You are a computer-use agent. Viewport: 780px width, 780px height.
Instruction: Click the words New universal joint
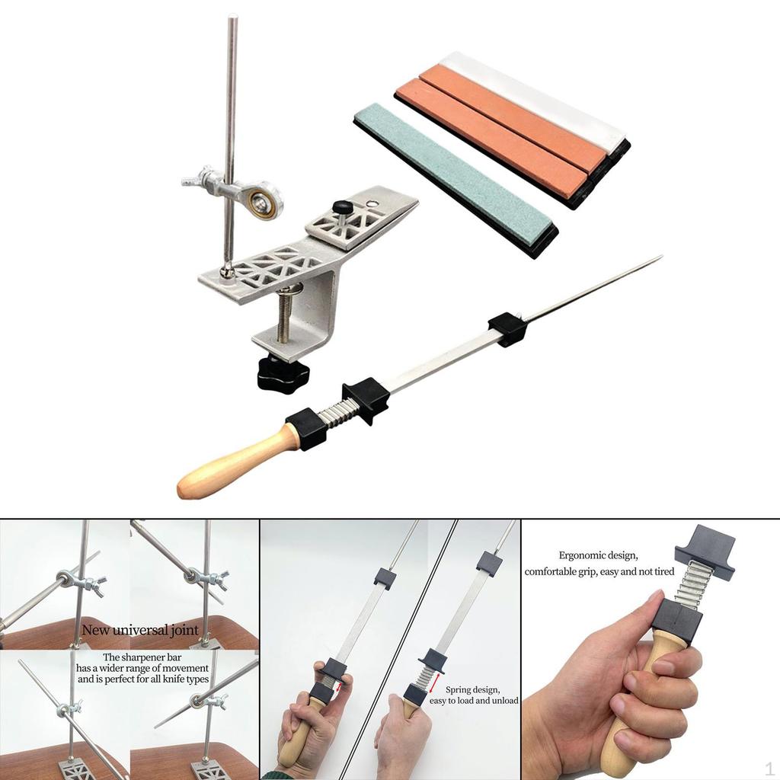[140, 630]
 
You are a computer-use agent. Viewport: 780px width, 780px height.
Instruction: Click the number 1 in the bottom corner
[769, 766]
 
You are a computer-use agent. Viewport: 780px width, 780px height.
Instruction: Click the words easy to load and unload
[474, 700]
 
